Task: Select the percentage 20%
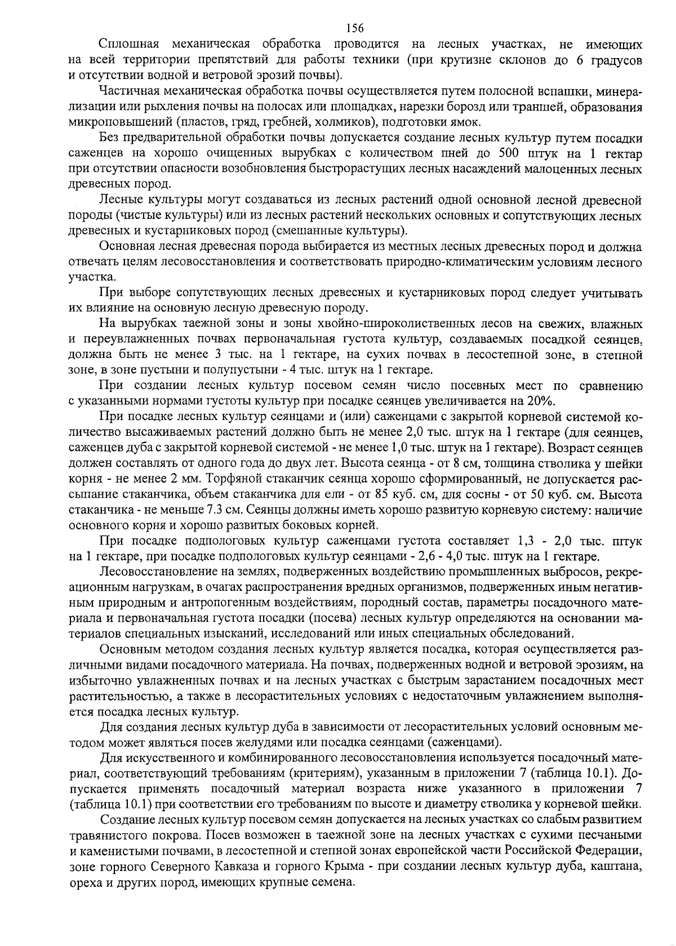tap(540, 401)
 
